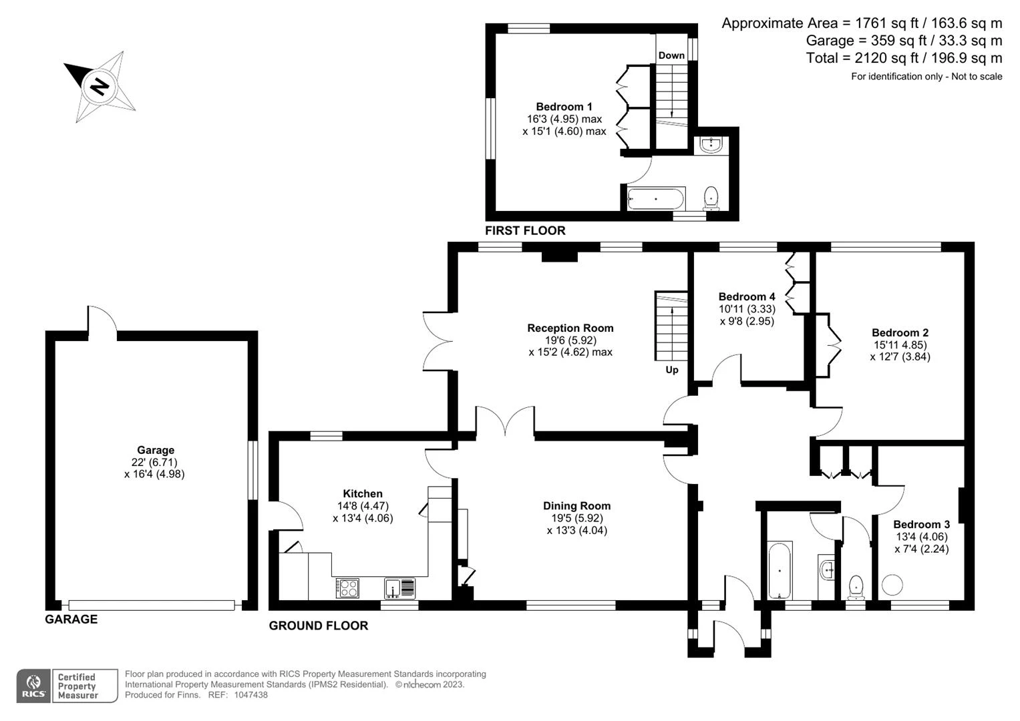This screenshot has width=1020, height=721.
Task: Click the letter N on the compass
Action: (x=99, y=87)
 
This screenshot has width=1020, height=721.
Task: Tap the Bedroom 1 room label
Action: (x=564, y=107)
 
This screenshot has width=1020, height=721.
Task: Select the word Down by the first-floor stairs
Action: (x=671, y=55)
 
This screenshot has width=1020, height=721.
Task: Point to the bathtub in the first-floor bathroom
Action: (x=656, y=199)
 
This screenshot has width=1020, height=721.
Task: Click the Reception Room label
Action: (x=570, y=328)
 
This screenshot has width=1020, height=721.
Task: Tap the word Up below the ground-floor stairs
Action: (x=672, y=370)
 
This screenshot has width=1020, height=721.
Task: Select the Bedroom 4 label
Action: (x=747, y=297)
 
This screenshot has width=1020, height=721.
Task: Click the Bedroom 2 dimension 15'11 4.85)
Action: (x=900, y=345)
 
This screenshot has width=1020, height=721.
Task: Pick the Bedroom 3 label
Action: (x=922, y=524)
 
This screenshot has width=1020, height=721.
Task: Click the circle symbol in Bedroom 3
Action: (x=892, y=585)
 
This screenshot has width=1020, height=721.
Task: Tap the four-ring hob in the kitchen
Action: (x=347, y=588)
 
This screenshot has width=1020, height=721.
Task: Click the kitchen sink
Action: (x=399, y=587)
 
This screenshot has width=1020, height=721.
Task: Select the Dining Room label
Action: (x=576, y=506)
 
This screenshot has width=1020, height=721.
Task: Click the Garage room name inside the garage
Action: (x=156, y=450)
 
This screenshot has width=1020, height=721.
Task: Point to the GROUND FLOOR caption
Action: (x=319, y=626)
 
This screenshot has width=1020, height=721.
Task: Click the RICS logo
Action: (x=33, y=686)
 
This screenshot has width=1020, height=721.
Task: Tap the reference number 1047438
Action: (x=251, y=695)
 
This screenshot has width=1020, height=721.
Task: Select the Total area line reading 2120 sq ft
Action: (x=904, y=58)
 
